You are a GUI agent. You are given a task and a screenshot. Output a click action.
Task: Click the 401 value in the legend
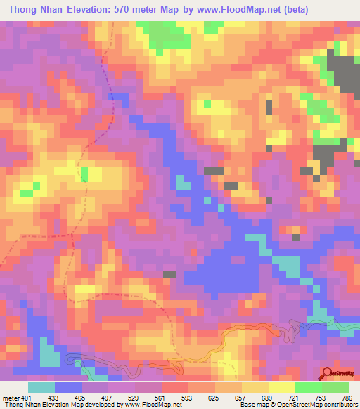[x=26, y=397]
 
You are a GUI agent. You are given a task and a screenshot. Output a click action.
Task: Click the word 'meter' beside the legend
[x=11, y=397]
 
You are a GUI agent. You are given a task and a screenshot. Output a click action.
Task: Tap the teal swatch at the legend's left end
[x=41, y=387]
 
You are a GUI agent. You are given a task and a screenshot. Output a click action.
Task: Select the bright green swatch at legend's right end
[x=335, y=387]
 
